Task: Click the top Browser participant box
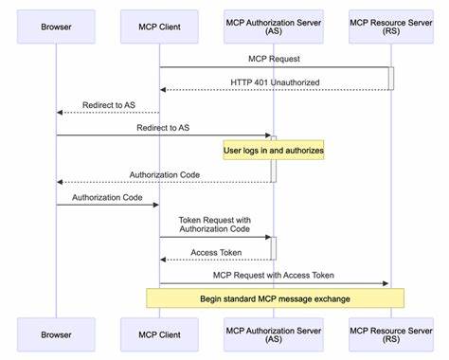56,27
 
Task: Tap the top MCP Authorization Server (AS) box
273,27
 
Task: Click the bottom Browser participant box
56,334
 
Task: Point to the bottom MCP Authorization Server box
273,334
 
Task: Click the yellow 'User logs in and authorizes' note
274,150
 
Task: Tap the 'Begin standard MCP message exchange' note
275,298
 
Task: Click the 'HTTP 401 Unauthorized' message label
274,81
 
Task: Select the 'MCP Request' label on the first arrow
274,59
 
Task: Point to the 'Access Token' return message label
216,252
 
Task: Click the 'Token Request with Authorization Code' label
216,224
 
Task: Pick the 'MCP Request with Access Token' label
274,276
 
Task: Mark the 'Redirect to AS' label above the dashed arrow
108,104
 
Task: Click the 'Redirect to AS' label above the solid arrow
165,127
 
